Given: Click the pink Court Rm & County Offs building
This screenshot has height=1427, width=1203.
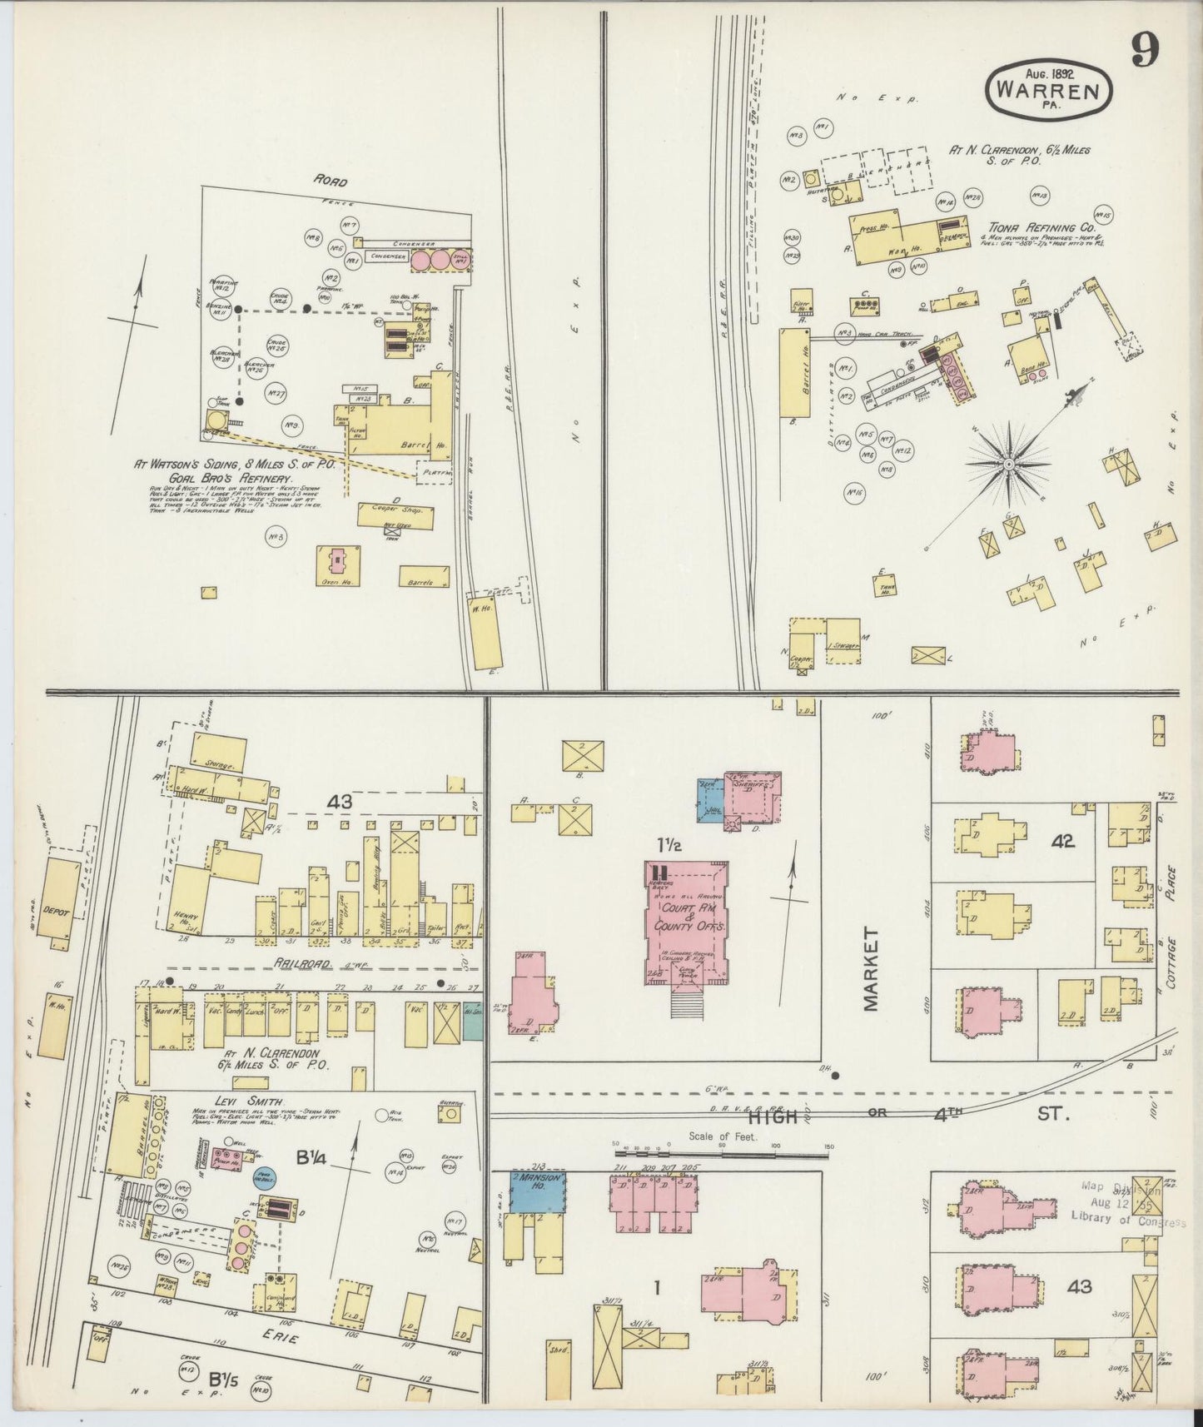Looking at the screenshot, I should pos(686,920).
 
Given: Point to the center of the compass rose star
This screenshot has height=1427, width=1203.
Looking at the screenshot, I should pos(1008,463).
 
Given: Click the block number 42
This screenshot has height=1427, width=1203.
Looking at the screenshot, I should pos(1062,842).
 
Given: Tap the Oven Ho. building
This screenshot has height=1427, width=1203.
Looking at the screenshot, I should pos(338,566).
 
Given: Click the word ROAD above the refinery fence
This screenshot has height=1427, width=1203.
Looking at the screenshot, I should pos(331,181).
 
